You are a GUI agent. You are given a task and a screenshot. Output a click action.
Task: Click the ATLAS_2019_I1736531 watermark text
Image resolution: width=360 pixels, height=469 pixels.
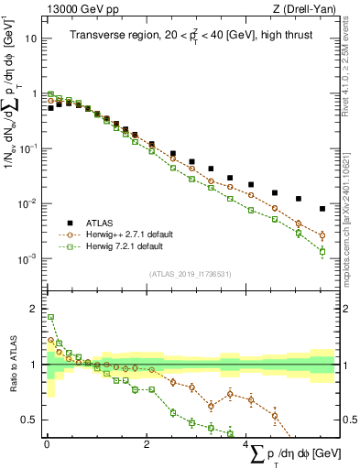pyautogui.click(x=188, y=274)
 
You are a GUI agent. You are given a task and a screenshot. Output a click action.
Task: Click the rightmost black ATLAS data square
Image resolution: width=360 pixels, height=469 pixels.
pyautogui.click(x=322, y=209)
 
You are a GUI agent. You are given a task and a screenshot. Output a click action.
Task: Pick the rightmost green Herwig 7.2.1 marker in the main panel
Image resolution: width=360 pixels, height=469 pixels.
pyautogui.click(x=322, y=251)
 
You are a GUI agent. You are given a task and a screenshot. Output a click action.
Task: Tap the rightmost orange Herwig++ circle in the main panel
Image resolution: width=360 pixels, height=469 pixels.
pyautogui.click(x=322, y=235)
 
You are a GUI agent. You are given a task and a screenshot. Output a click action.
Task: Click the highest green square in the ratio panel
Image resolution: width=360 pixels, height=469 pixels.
pyautogui.click(x=50, y=318)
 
